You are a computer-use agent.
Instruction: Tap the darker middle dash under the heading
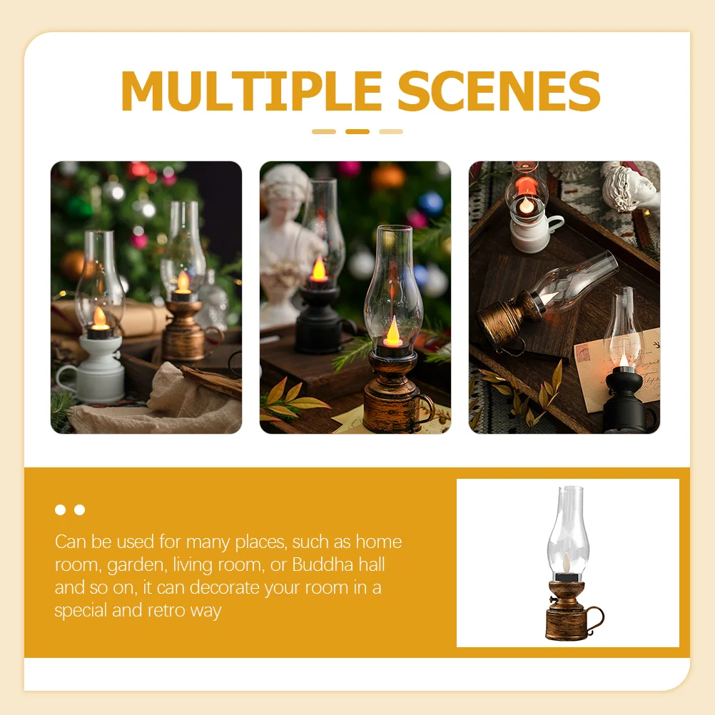point(357,131)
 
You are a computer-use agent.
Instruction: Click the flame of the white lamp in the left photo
point(98,317)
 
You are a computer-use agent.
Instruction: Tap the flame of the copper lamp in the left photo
point(183,281)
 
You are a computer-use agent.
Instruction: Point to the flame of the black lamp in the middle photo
point(318,270)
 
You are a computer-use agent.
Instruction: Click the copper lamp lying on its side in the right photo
point(507,318)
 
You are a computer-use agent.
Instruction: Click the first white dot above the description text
point(61,509)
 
